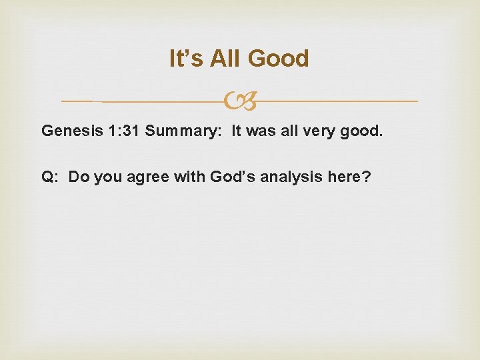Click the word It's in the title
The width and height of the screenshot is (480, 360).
pyautogui.click(x=186, y=59)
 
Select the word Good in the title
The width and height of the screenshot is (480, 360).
pyautogui.click(x=279, y=59)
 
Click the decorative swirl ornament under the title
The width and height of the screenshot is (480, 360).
pyautogui.click(x=239, y=101)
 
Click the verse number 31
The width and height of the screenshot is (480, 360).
pyautogui.click(x=131, y=131)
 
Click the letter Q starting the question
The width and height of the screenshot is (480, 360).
pyautogui.click(x=49, y=177)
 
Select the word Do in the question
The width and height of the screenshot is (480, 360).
pyautogui.click(x=79, y=177)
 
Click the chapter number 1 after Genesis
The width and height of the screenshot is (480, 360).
pyautogui.click(x=111, y=131)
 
